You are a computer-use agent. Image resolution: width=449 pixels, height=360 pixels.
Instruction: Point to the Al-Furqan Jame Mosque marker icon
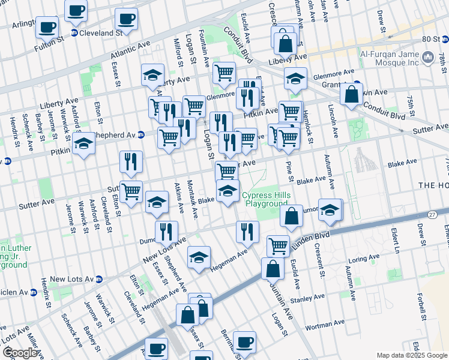pyautogui.click(x=428, y=58)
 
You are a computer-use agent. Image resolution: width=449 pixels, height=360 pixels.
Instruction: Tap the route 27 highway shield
pyautogui.click(x=432, y=214)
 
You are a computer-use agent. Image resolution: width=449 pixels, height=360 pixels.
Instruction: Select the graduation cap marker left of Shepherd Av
pyautogui.click(x=84, y=145)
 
